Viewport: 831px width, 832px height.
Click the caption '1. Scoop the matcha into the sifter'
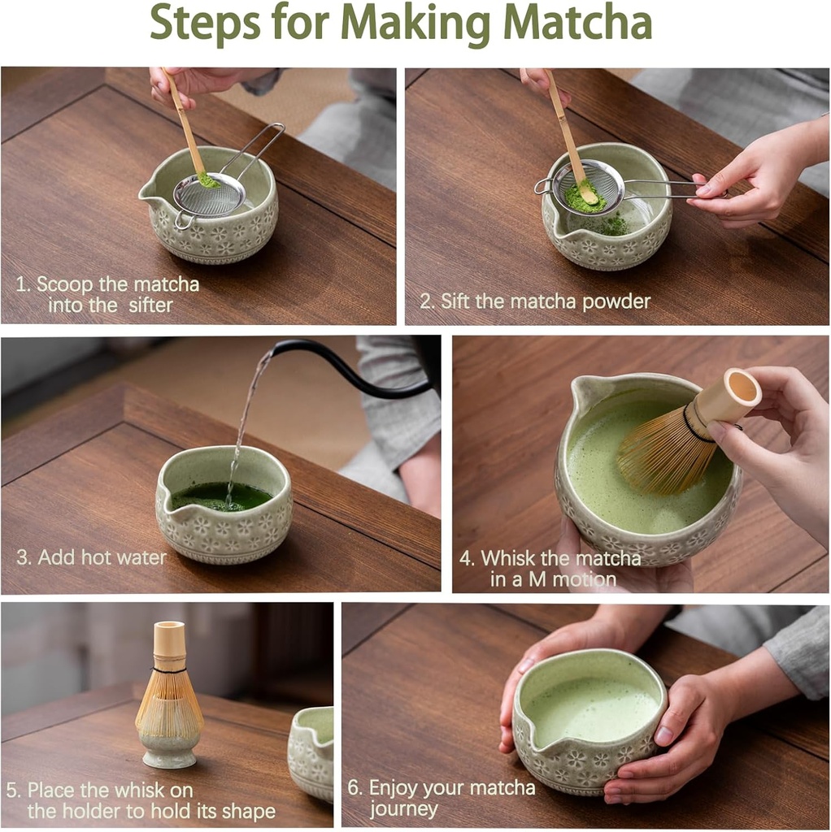(107, 295)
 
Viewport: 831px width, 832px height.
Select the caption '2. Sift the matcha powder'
(534, 301)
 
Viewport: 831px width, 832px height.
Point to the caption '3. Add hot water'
(91, 558)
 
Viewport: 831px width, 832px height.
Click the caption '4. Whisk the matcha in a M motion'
(550, 569)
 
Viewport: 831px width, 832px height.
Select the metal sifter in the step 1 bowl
(210, 193)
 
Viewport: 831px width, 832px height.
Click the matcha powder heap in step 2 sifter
(585, 196)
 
